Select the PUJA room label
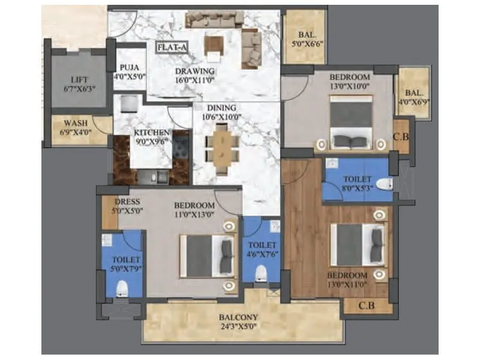tap(129, 68)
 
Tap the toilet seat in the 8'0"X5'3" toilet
tap(384, 183)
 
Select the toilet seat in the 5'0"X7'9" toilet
tap(122, 289)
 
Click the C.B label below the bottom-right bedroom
tap(367, 305)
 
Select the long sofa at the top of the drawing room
tap(214, 20)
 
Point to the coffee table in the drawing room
tap(214, 45)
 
